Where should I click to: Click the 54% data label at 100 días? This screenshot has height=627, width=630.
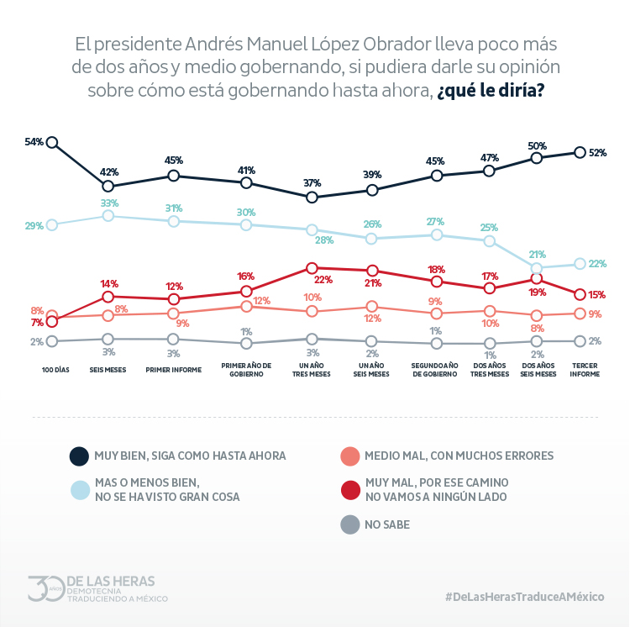[34, 142]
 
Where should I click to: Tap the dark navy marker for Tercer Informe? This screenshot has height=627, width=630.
[580, 152]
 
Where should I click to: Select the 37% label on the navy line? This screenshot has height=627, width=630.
[312, 183]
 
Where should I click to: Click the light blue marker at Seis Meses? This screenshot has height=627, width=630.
[108, 216]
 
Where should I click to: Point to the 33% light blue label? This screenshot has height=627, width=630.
[109, 203]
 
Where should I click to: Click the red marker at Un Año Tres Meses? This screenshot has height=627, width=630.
[312, 268]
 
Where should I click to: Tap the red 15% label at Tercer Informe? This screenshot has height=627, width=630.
[597, 295]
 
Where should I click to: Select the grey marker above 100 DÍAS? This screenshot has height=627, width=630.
[52, 341]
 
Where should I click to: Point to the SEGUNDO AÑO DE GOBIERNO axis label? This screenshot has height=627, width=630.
[436, 370]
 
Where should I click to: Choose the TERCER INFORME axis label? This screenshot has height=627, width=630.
[585, 370]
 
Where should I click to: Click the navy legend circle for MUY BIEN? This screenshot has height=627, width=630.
[79, 456]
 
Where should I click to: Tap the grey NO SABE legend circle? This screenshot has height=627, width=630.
[349, 525]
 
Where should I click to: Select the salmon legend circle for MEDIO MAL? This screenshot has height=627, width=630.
[349, 456]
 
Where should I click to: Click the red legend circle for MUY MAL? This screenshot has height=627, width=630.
[349, 490]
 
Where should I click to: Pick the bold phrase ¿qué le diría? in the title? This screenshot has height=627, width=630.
[490, 90]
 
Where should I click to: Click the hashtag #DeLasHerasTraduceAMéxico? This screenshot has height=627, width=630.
[525, 596]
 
